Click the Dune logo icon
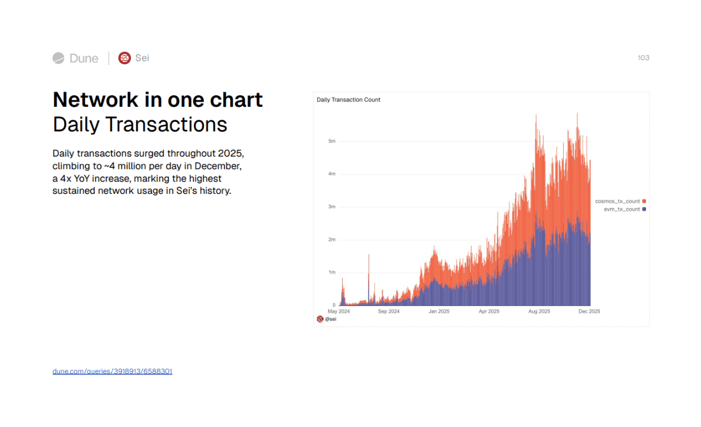58,58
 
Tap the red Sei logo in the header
124,58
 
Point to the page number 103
643,58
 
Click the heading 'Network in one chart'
158,100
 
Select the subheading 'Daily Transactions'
140,124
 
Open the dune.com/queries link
112,371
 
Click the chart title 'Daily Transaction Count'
348,100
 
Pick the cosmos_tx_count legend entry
617,201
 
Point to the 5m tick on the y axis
331,141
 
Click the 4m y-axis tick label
331,174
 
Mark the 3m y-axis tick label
331,207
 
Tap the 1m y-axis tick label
331,273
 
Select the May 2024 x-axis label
339,311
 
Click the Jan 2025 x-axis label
439,311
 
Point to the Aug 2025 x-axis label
539,311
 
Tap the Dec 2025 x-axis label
589,311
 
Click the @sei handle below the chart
330,319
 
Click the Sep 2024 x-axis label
388,311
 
